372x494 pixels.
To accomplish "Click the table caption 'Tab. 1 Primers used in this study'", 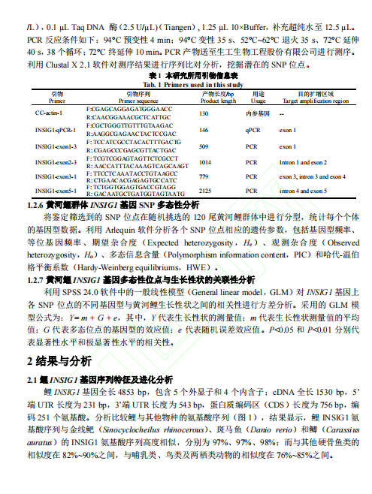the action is (x=186, y=86).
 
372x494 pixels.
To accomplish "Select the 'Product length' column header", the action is (x=218, y=99).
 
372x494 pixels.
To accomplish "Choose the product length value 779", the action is (x=204, y=176).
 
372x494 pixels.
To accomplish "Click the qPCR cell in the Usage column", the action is (x=253, y=129).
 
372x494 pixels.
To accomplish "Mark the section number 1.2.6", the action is (x=35, y=203).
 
